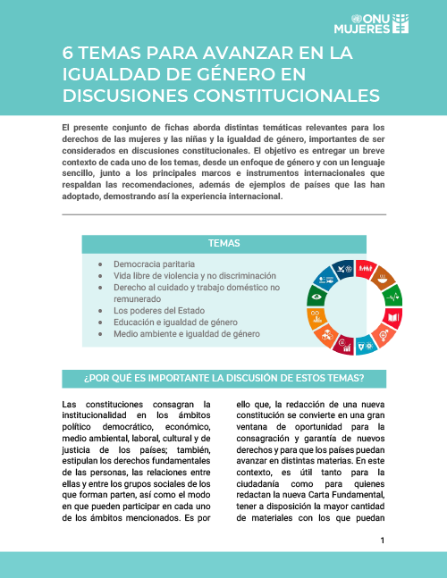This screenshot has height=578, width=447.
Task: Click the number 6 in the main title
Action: click(x=68, y=54)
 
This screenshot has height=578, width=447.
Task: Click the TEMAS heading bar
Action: click(x=223, y=243)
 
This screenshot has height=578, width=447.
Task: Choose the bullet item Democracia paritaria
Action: click(x=151, y=265)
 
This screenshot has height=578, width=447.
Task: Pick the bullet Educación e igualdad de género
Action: click(x=180, y=323)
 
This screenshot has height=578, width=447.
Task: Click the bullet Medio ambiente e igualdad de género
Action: click(x=186, y=334)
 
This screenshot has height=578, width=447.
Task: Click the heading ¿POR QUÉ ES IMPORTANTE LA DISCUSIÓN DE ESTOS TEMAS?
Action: click(x=223, y=378)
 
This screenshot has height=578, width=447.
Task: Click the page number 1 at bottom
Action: click(x=383, y=540)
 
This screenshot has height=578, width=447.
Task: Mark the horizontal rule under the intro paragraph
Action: click(x=223, y=214)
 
